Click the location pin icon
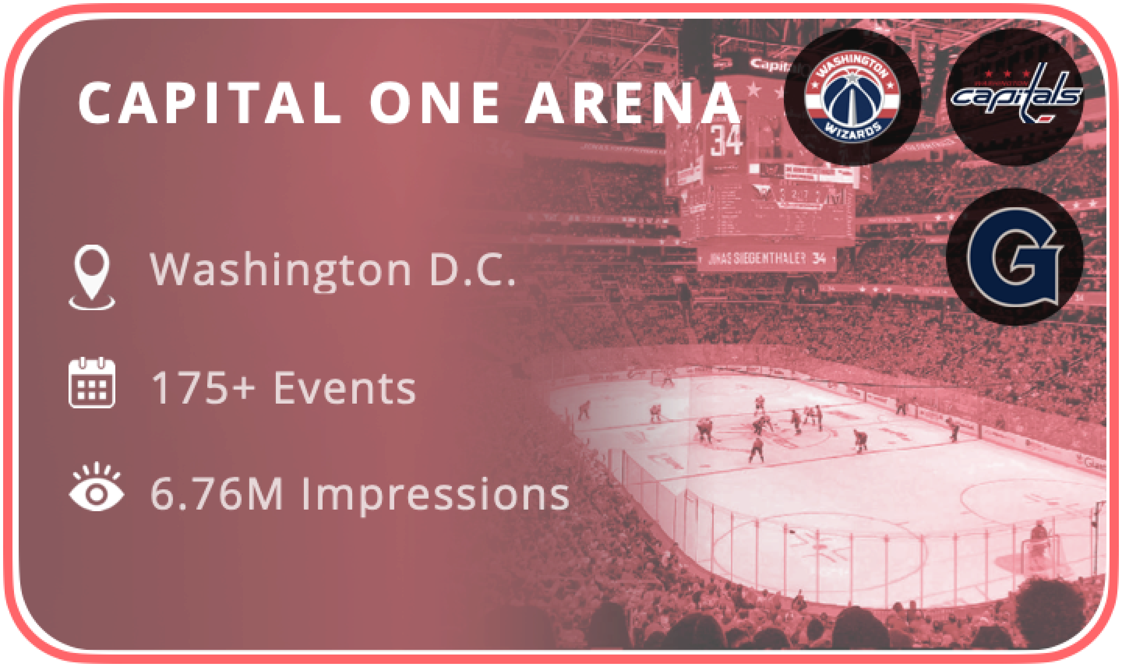click(92, 276)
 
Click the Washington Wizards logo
click(852, 96)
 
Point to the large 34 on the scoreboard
click(726, 140)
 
